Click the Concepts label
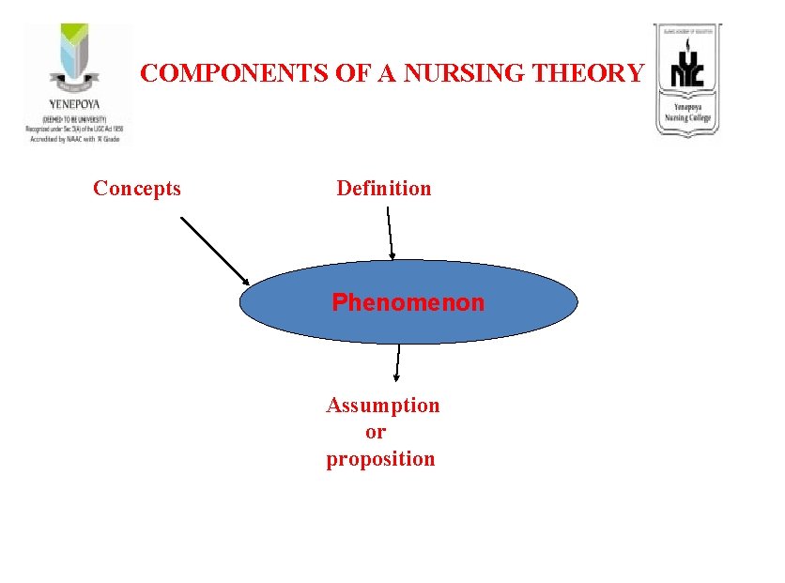pyautogui.click(x=137, y=189)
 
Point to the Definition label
pyautogui.click(x=384, y=189)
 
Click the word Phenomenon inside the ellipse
pyautogui.click(x=408, y=303)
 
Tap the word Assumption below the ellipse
pyautogui.click(x=382, y=406)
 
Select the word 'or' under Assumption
pyautogui.click(x=376, y=432)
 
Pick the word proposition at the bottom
pyautogui.click(x=380, y=459)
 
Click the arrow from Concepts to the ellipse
pyautogui.click(x=213, y=250)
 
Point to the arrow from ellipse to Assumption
pyautogui.click(x=398, y=361)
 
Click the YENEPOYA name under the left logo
pyautogui.click(x=74, y=103)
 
